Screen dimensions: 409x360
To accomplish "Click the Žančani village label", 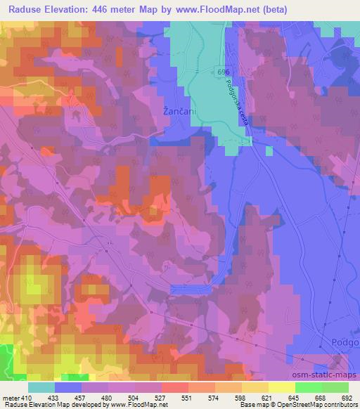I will point(173,111).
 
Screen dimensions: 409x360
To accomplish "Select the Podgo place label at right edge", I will point(345,341).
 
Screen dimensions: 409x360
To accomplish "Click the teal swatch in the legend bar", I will point(41,387).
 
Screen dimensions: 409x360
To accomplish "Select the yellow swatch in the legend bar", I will point(283,387).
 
